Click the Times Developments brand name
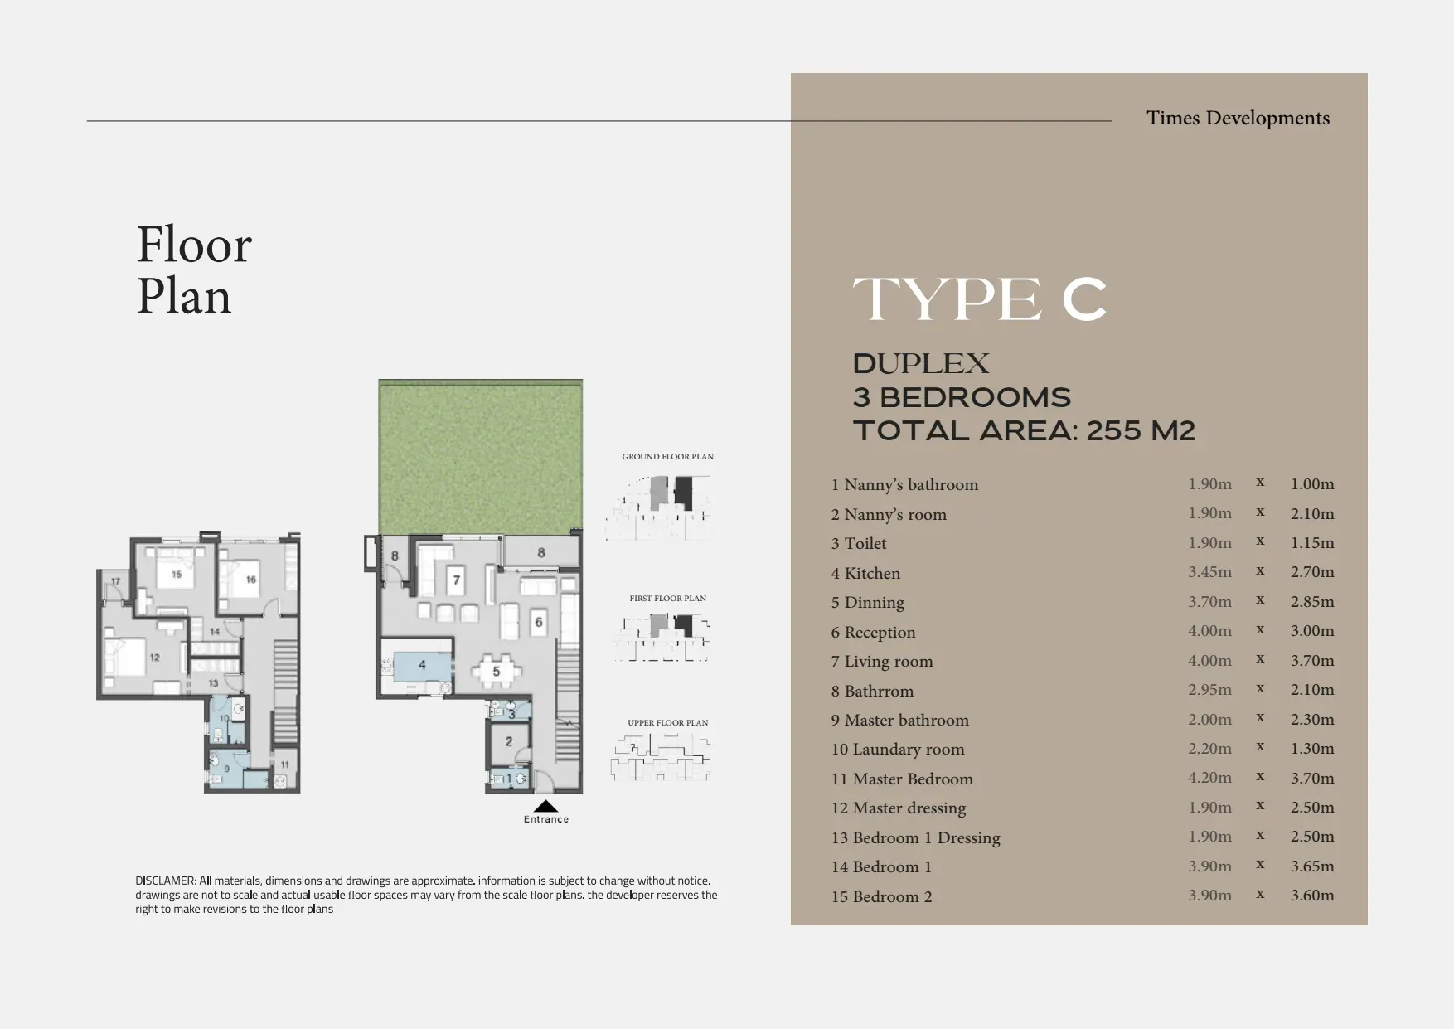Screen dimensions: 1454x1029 1238,119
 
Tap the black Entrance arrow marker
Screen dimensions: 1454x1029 545,805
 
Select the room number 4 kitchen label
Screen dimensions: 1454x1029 422,665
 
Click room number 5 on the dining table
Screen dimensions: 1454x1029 496,671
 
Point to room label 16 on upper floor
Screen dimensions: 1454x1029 250,580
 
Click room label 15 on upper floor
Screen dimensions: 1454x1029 177,574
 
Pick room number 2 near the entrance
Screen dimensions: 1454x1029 509,741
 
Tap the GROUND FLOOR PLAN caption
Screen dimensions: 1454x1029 667,457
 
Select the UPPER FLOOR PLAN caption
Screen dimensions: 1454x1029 667,723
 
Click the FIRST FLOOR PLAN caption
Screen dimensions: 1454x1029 667,599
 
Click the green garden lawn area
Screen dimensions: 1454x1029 481,456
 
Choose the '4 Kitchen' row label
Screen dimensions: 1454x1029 865,573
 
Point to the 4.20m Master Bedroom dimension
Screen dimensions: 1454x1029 1209,778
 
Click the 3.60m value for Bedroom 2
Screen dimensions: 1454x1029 1312,896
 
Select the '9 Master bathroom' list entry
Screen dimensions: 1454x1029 900,720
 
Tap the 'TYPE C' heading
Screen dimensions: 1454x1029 980,299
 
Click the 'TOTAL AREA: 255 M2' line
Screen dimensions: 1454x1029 1024,431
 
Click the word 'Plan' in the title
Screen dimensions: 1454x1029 183,297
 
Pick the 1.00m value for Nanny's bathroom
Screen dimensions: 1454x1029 1312,483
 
